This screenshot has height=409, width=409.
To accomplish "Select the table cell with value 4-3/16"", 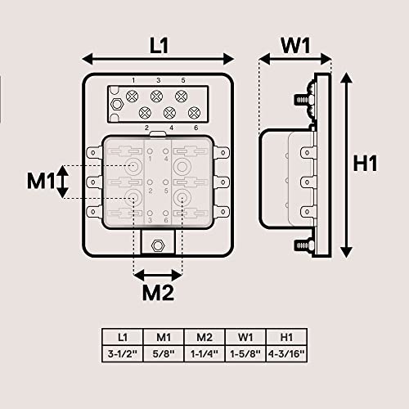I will [x=286, y=353].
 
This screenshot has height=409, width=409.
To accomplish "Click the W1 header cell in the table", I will [x=245, y=336].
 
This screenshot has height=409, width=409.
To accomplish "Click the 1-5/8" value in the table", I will [x=245, y=353].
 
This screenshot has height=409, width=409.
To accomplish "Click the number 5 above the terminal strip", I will [x=183, y=81].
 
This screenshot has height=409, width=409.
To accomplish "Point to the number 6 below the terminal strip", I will [x=196, y=128].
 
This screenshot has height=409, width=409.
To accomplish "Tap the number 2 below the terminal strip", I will [x=146, y=128].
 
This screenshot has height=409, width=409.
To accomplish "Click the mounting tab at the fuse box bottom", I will [x=159, y=243].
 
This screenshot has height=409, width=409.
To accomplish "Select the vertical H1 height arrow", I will [x=348, y=164].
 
